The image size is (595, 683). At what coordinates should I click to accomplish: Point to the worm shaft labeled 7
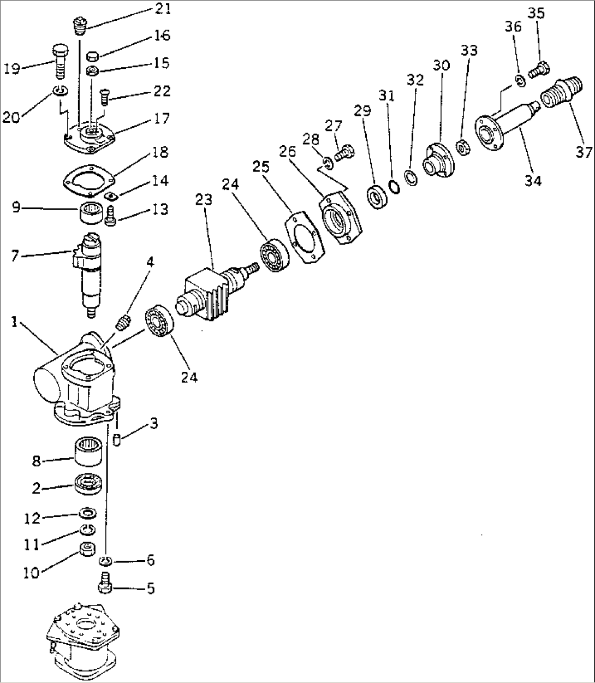coord(87,270)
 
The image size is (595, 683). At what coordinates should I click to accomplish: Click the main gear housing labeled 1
coord(82,382)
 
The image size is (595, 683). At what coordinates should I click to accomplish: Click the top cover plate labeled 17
coord(90,136)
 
